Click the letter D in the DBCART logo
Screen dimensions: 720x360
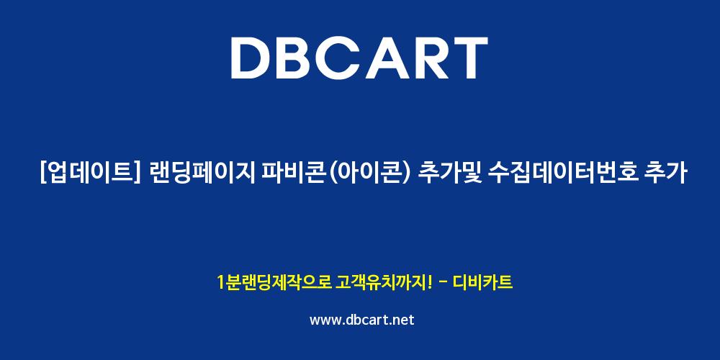(x=252, y=58)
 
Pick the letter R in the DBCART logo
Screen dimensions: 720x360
(x=432, y=58)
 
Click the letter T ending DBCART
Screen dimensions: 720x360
(x=469, y=58)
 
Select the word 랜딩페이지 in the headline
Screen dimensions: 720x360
(x=196, y=174)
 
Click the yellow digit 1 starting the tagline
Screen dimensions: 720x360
(x=220, y=282)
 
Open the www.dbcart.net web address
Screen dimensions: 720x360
(x=361, y=320)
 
